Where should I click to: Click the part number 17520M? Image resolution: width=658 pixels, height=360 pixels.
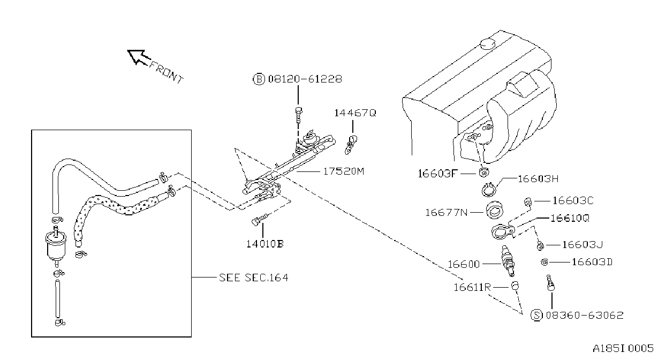pos(344,171)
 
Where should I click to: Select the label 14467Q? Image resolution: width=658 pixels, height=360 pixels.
pos(355,113)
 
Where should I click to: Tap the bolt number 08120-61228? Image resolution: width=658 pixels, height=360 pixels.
pos(305,79)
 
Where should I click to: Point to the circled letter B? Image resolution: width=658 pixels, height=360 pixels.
pos(259,79)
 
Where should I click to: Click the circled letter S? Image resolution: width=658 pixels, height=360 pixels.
pos(536,315)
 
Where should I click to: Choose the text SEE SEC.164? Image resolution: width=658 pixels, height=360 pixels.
pos(254,277)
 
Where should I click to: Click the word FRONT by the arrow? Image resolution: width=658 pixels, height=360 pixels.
pos(167,72)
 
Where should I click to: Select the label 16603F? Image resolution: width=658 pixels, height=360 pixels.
pos(438,174)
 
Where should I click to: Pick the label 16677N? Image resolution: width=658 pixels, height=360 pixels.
pos(446,212)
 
